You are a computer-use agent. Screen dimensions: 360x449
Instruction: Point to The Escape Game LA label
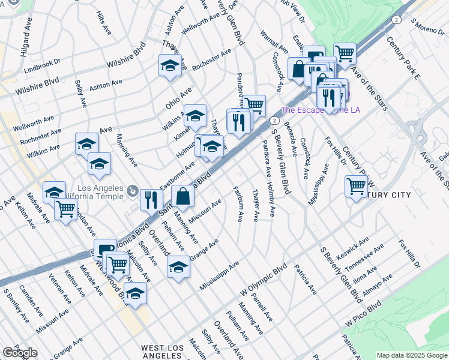pos(321,110)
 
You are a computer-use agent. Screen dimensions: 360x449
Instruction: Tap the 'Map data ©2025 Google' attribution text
pos(412,355)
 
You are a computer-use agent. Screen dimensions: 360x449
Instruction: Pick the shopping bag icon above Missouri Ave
pos(182,196)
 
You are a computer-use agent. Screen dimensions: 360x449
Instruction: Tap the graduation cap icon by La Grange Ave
pos(178,266)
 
